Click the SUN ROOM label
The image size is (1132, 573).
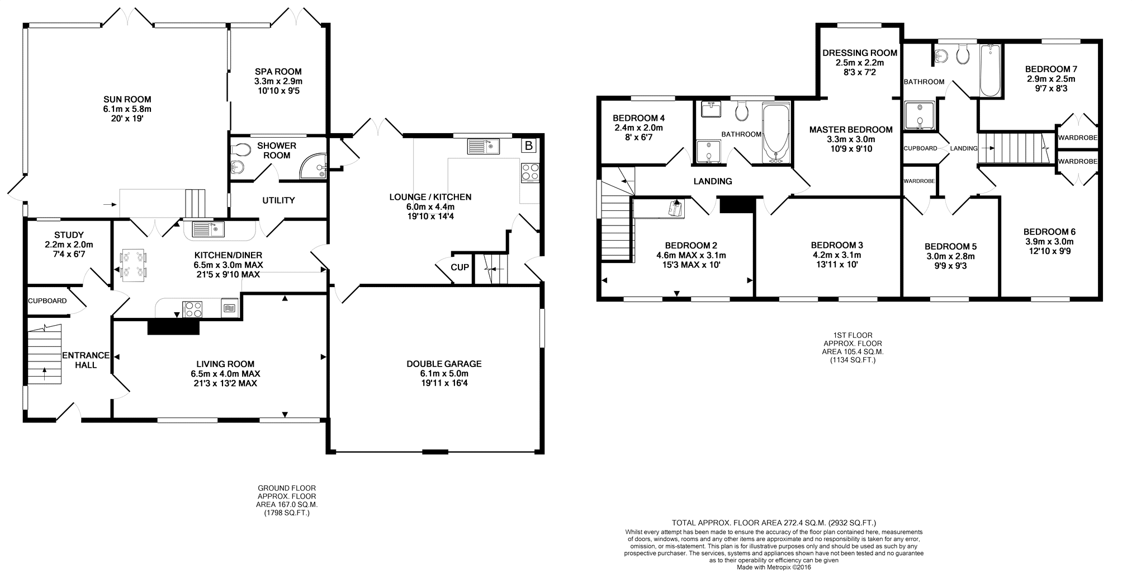tap(127, 100)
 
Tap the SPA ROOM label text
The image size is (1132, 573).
tap(278, 72)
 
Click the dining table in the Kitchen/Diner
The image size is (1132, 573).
tap(134, 264)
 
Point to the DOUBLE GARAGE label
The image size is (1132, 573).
tap(444, 364)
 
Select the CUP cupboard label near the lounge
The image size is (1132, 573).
tap(460, 267)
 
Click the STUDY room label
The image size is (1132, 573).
tap(69, 235)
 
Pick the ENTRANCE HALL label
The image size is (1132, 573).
tap(86, 360)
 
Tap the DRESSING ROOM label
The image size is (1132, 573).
tap(860, 53)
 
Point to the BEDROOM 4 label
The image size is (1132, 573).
tap(638, 118)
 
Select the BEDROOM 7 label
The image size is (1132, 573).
tap(1051, 69)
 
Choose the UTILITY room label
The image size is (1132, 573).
tap(278, 200)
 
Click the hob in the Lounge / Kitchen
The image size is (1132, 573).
tap(529, 172)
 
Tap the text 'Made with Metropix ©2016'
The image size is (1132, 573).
tap(774, 567)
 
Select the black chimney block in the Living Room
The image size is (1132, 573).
tap(173, 327)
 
